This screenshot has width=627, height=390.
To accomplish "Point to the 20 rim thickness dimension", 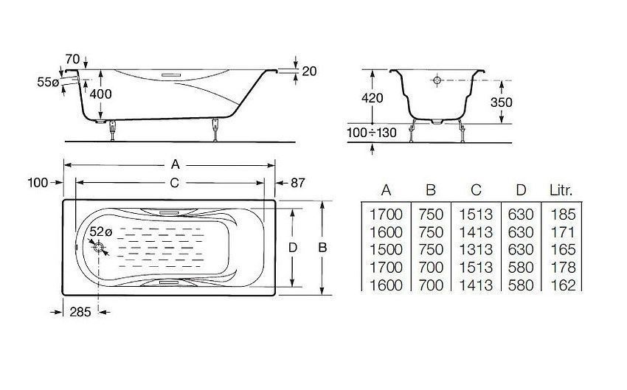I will click(x=308, y=71).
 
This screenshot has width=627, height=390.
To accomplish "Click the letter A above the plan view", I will click(x=174, y=165).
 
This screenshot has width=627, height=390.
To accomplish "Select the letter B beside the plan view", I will click(x=322, y=248).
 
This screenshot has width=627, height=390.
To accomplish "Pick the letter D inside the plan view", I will click(x=293, y=248).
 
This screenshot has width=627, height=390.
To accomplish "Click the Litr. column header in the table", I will click(x=561, y=190).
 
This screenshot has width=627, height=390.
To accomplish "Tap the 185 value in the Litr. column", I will click(x=561, y=215).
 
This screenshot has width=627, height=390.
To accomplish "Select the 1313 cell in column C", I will click(x=476, y=250).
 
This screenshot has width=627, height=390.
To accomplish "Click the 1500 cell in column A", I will click(x=386, y=250).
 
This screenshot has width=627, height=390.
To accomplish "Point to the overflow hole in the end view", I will click(x=437, y=80).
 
